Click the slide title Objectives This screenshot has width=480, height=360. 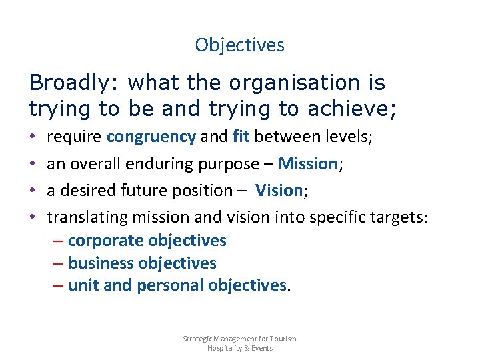tap(239, 45)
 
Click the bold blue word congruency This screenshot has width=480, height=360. tap(151, 137)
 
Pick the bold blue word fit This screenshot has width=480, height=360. tap(241, 137)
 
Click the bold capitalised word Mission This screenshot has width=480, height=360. tap(308, 164)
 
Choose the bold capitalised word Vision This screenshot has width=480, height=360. tap(279, 191)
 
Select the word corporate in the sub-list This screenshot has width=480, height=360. tap(105, 241)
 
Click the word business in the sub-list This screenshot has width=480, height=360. tap(101, 263)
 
